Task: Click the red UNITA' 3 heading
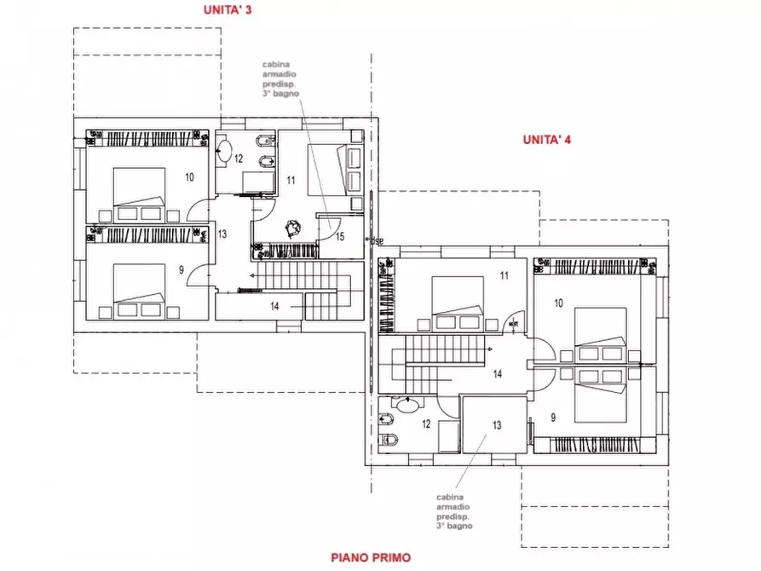[228, 9]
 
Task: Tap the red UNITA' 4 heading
[546, 140]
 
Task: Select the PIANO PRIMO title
[371, 557]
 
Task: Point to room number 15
[340, 236]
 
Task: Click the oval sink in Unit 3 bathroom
[224, 151]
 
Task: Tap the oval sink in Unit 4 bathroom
[406, 405]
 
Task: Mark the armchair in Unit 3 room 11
[292, 228]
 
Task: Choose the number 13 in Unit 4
[497, 425]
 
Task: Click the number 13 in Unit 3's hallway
[222, 234]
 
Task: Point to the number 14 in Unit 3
[274, 306]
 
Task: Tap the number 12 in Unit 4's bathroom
[426, 424]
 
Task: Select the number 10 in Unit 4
[559, 303]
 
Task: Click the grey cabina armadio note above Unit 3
[280, 78]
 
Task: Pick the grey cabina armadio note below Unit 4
[454, 511]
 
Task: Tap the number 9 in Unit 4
[553, 418]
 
